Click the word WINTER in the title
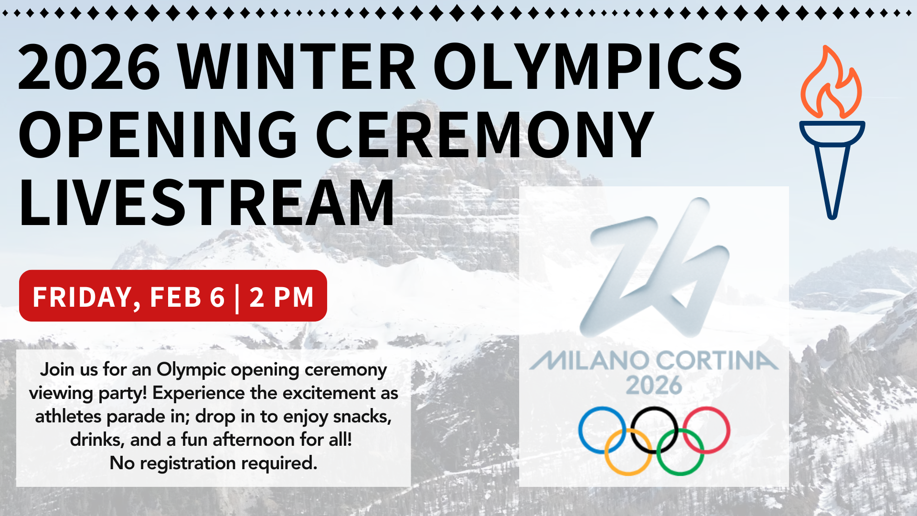(297, 67)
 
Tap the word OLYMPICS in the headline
(587, 67)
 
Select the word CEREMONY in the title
(484, 134)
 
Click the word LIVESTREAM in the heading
(206, 202)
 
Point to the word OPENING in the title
(158, 134)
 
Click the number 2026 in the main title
(89, 67)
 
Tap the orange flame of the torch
(831, 82)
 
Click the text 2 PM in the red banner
(281, 297)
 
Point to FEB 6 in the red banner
(187, 297)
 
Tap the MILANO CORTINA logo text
(654, 360)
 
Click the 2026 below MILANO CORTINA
(654, 386)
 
